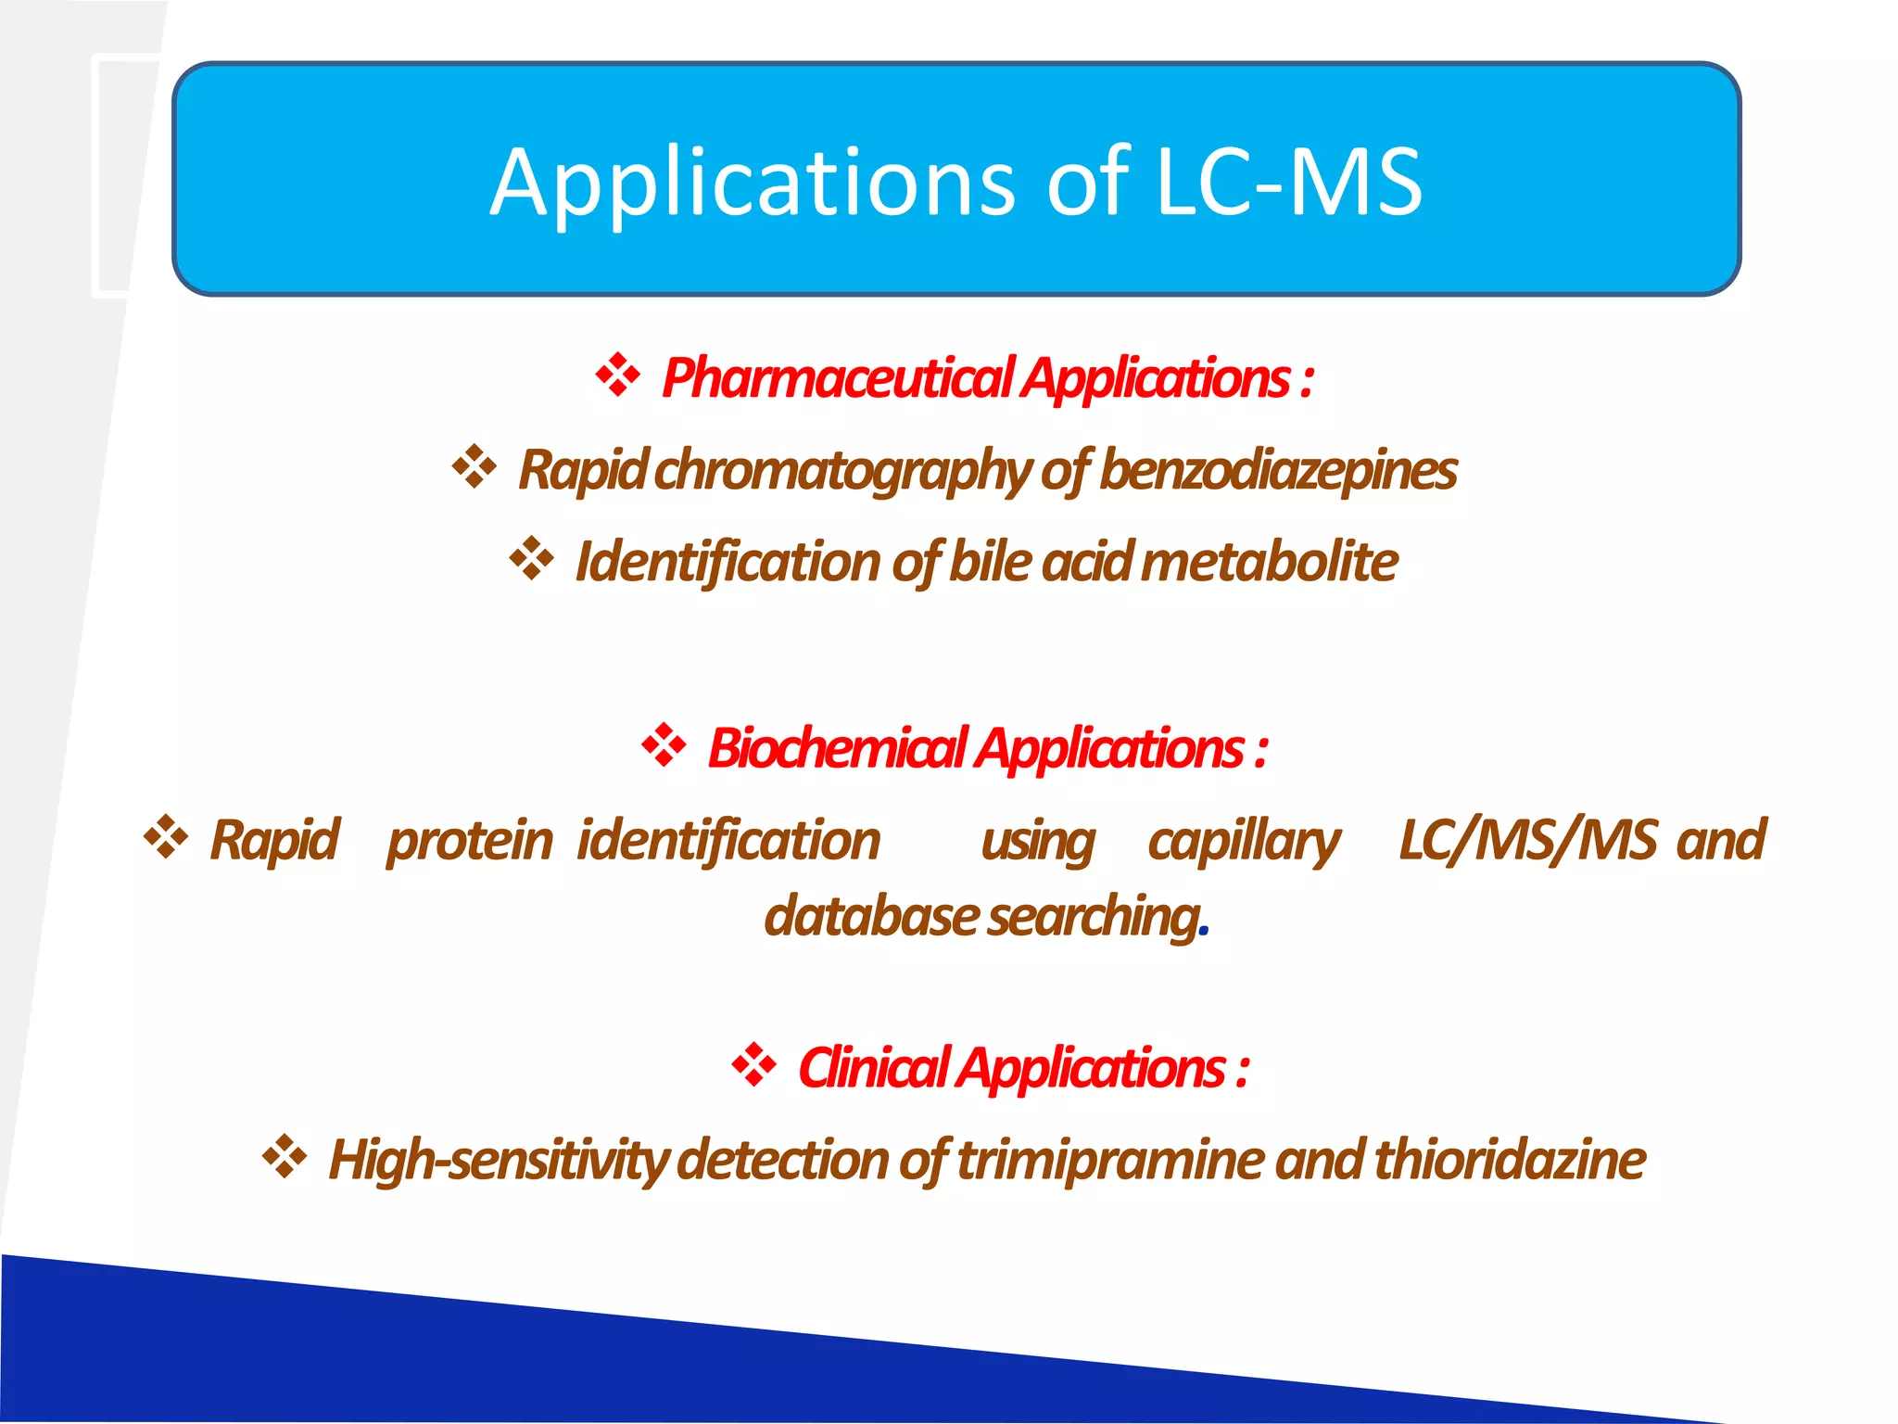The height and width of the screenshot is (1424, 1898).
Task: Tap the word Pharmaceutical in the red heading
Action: (x=839, y=379)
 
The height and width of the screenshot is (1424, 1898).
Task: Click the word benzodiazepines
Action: (x=1278, y=469)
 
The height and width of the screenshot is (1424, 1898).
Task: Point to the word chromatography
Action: (x=841, y=471)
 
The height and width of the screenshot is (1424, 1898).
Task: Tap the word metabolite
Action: (x=1270, y=562)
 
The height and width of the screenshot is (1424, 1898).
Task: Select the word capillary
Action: (x=1244, y=841)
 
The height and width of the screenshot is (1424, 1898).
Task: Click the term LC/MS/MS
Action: (x=1527, y=840)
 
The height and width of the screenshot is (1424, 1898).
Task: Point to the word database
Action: (x=870, y=916)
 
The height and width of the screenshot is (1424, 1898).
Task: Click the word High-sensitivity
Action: (x=499, y=1160)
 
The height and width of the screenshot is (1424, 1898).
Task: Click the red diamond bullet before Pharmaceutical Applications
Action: (x=617, y=375)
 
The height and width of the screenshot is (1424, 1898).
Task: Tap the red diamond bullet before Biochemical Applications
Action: (x=664, y=745)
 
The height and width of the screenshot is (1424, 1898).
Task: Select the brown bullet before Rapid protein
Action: (x=166, y=836)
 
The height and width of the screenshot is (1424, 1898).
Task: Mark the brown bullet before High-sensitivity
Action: (x=285, y=1156)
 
